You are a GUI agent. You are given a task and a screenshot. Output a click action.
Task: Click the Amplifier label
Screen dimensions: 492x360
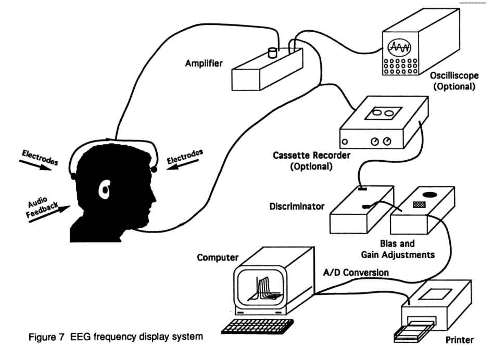204,63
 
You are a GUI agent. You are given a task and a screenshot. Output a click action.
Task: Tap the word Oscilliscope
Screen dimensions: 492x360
454,75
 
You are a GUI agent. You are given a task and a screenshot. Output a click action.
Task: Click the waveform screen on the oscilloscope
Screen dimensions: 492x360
399,47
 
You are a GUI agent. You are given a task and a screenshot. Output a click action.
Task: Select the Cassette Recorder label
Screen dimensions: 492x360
311,155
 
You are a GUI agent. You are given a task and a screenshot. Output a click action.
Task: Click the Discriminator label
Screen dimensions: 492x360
297,207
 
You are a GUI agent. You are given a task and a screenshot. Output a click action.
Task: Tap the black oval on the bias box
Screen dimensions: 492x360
429,195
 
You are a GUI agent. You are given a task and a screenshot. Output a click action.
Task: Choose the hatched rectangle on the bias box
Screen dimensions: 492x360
419,205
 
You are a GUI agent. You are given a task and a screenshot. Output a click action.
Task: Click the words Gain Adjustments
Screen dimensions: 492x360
398,254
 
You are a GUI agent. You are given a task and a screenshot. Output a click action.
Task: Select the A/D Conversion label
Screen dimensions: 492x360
356,273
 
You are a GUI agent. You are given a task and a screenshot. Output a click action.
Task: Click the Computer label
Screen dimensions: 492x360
218,258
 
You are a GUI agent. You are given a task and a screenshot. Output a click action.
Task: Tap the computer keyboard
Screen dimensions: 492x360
257,327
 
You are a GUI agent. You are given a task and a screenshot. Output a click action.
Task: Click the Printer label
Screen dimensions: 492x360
459,340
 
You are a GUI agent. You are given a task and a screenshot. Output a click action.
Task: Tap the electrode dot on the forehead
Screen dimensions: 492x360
154,170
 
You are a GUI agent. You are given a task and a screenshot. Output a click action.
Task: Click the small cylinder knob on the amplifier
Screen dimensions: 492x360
272,53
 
